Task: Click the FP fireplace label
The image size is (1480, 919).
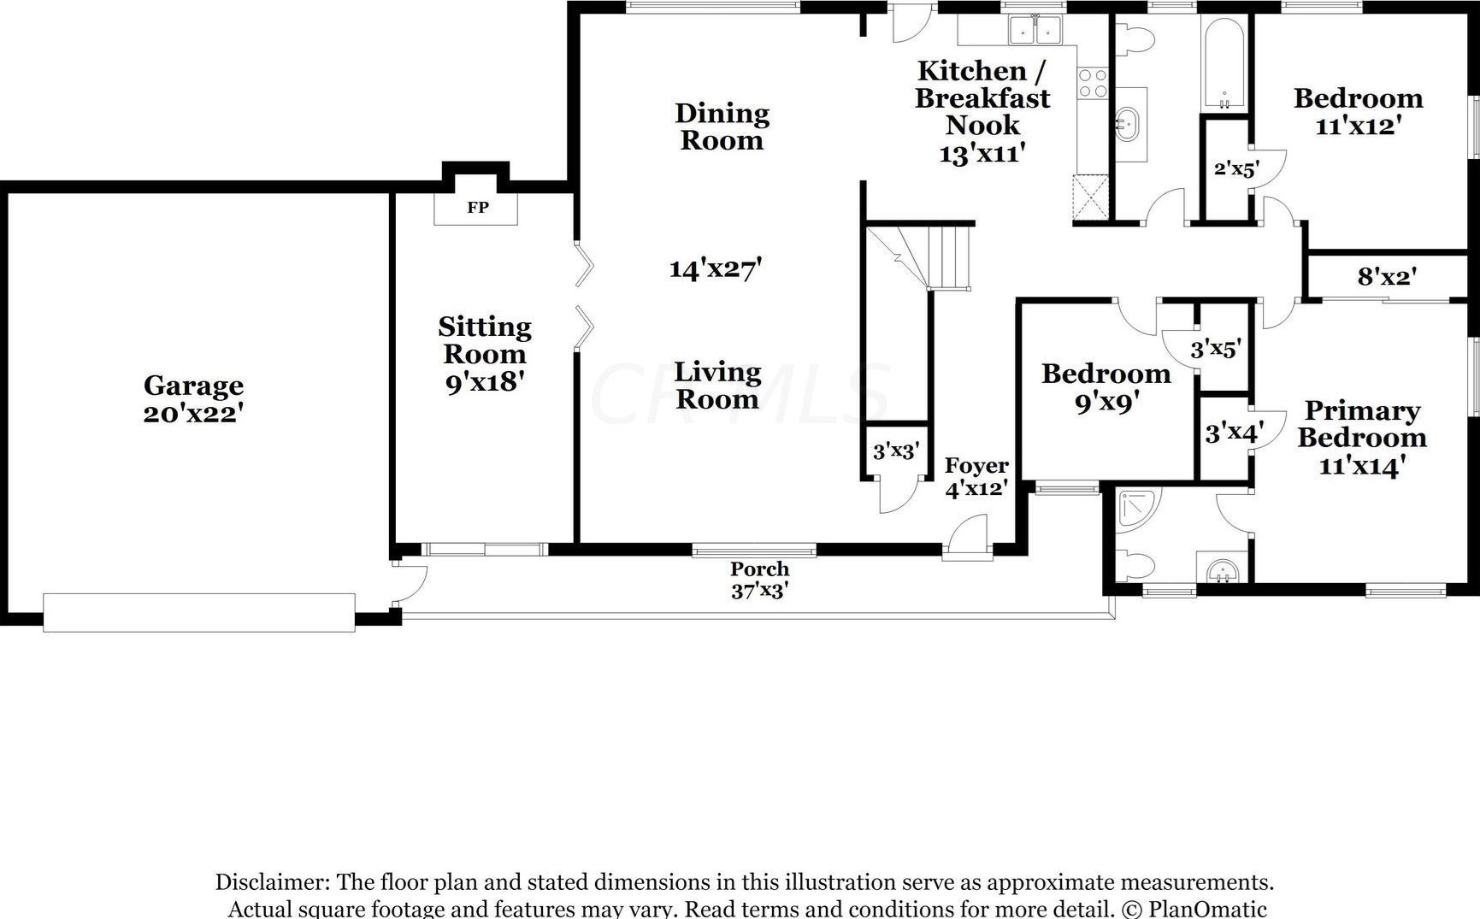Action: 477,207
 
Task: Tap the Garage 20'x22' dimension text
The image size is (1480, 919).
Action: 194,413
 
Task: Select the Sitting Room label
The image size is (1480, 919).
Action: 485,340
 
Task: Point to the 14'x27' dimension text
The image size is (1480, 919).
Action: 716,269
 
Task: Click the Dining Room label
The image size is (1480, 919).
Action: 722,127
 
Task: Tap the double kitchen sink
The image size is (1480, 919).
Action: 1035,30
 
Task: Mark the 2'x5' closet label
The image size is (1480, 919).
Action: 1236,168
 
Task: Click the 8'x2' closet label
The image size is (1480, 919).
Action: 1387,276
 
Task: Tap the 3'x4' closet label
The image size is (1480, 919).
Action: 1234,433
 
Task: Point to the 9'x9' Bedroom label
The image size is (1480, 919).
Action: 1106,387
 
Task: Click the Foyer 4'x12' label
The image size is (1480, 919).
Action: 976,477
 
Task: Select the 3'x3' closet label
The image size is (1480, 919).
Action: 896,451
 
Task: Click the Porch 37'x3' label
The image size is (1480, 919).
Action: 759,580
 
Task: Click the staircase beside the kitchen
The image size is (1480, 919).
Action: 920,256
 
